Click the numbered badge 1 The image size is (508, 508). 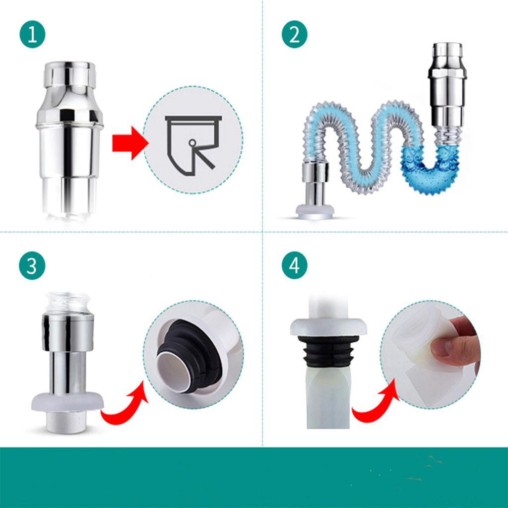32,34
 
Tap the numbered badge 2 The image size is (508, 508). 295,34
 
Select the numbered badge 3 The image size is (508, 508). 32,266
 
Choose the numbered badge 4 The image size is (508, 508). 295,266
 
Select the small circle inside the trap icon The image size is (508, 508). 192,142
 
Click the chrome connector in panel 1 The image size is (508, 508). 69,136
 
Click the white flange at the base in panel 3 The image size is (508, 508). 67,402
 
